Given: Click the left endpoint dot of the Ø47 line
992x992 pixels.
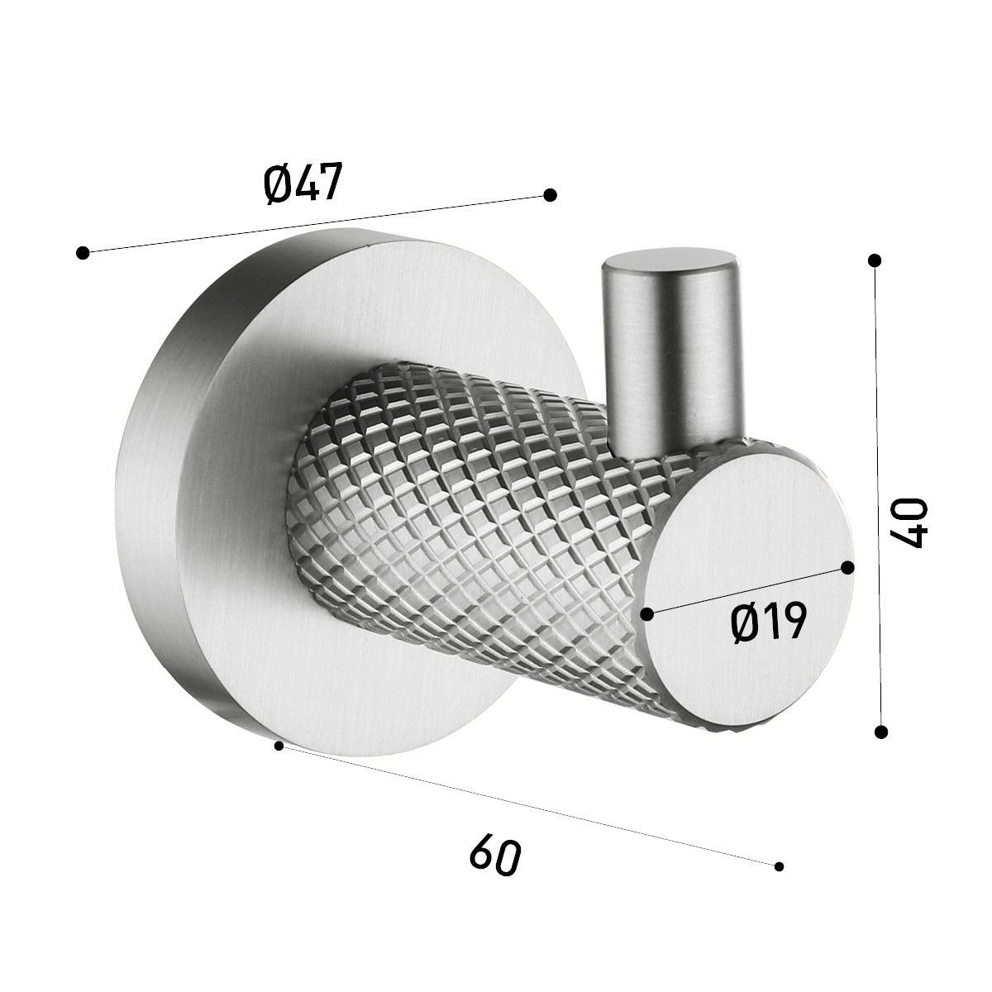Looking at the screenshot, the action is (x=83, y=252).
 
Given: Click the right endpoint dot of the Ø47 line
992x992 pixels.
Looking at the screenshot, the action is (x=550, y=194).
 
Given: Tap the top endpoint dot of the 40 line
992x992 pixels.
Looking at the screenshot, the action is (x=874, y=260).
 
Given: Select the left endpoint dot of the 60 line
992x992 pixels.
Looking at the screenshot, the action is (x=279, y=761).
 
